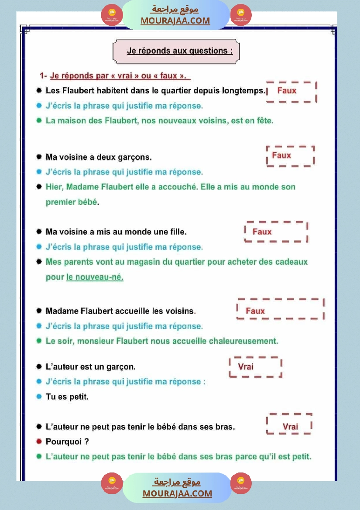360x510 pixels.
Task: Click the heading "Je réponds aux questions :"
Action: coord(177,51)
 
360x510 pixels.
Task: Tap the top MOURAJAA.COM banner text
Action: coord(175,21)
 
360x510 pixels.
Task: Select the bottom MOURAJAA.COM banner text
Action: coord(177,493)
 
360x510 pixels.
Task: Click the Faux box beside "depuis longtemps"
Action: coord(291,92)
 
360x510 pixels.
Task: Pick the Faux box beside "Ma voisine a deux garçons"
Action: coord(290,156)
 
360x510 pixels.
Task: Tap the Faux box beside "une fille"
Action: coord(276,232)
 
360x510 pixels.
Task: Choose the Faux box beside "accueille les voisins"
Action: coord(280,310)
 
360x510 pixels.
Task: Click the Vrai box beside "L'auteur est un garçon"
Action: coord(255,366)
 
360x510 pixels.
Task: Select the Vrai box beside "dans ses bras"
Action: coord(289,424)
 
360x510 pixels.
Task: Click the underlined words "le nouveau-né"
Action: coord(95,277)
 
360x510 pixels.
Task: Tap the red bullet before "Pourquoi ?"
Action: coord(39,442)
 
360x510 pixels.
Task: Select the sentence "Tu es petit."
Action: coord(67,397)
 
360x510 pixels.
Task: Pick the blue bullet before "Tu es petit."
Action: coord(39,397)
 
